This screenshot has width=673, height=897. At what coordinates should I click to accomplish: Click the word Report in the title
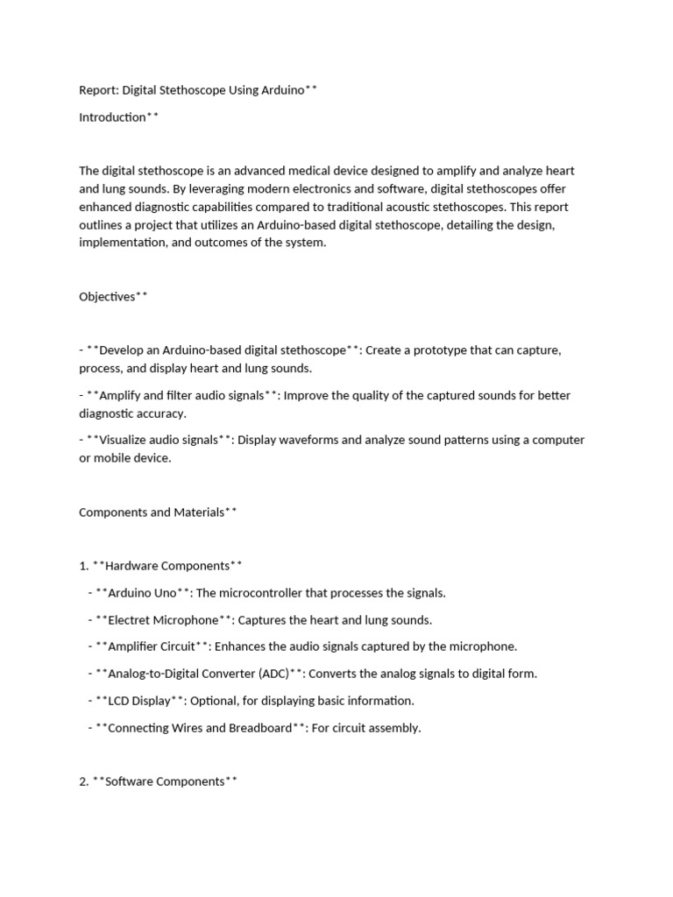click(98, 89)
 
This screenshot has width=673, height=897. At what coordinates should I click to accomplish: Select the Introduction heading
click(113, 117)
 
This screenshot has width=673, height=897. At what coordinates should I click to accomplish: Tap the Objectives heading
click(108, 296)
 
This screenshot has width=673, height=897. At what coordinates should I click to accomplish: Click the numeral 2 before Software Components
click(82, 781)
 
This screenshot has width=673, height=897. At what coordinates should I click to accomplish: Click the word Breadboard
click(260, 728)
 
